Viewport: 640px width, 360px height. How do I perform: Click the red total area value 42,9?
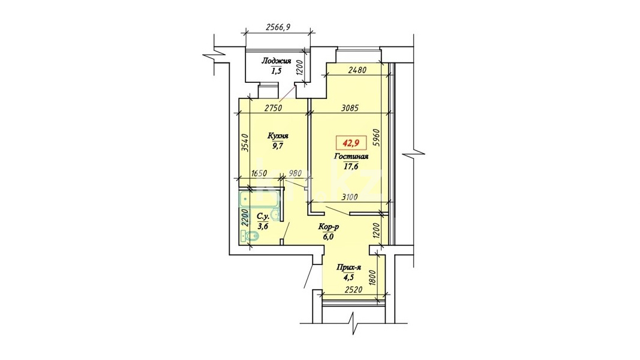351,143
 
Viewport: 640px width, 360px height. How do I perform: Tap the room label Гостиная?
351,157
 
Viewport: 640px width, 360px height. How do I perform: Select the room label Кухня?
278,136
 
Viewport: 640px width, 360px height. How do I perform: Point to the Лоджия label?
277,61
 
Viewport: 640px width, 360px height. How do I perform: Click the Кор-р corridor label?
329,227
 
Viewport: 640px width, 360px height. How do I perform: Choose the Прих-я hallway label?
349,268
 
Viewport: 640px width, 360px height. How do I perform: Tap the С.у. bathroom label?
263,217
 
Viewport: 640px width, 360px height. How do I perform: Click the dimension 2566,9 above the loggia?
278,28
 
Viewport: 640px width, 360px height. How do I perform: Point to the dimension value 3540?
245,142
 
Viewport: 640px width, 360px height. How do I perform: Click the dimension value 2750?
274,108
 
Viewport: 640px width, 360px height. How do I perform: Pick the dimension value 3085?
349,108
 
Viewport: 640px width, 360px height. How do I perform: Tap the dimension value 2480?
357,70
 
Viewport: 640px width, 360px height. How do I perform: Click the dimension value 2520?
353,290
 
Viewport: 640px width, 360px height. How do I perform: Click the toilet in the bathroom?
249,236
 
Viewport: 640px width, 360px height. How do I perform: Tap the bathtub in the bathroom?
259,199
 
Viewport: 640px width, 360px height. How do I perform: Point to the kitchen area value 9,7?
278,145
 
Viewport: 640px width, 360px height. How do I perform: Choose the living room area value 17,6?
351,166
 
